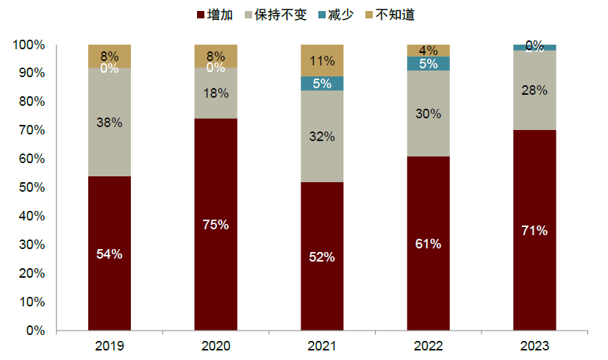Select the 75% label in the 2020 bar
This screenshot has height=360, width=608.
pos(215,225)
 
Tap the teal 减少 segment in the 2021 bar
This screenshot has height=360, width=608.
pos(322,83)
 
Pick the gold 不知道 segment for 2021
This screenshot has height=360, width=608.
pos(322,60)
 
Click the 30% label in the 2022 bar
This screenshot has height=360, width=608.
pos(428,114)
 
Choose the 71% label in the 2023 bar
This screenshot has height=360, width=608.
pos(534,231)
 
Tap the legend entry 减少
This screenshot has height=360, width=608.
pos(345,14)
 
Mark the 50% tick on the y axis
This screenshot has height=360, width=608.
pos(29,187)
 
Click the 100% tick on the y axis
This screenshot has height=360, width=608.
pos(27,45)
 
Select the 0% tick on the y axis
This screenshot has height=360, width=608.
pos(33,331)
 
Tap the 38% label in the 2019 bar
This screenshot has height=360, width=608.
pos(109,123)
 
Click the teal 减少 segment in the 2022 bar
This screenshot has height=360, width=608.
pos(428,63)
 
